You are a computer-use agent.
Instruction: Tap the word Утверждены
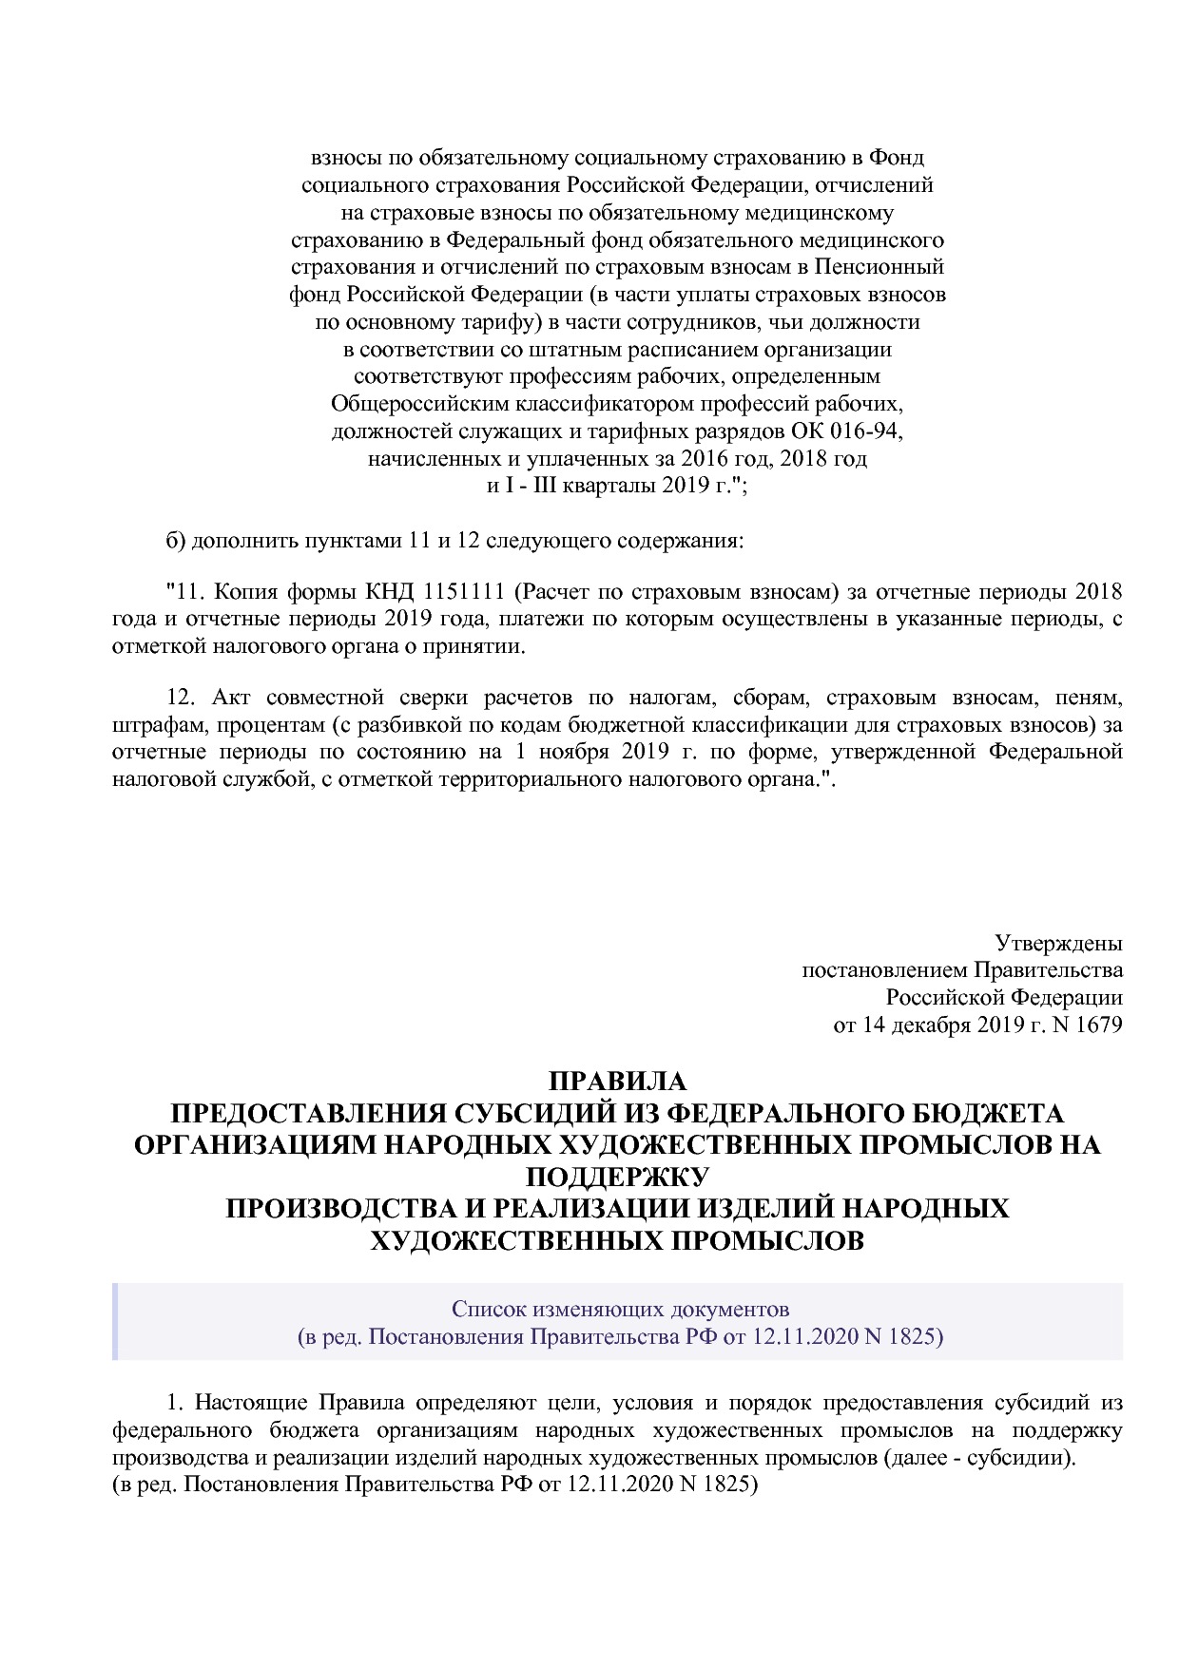point(1058,943)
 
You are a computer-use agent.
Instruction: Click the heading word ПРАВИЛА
point(617,1082)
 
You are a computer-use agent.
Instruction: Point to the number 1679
point(1099,1025)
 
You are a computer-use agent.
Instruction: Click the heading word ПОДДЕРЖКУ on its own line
point(617,1177)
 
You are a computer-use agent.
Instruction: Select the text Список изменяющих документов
point(620,1309)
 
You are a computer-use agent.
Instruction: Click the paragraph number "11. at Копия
point(186,592)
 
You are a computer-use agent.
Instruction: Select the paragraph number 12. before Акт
point(181,699)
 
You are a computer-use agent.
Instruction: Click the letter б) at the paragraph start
point(175,541)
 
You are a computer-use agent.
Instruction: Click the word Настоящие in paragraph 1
point(254,1403)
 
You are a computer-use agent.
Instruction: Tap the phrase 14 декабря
point(916,1025)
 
